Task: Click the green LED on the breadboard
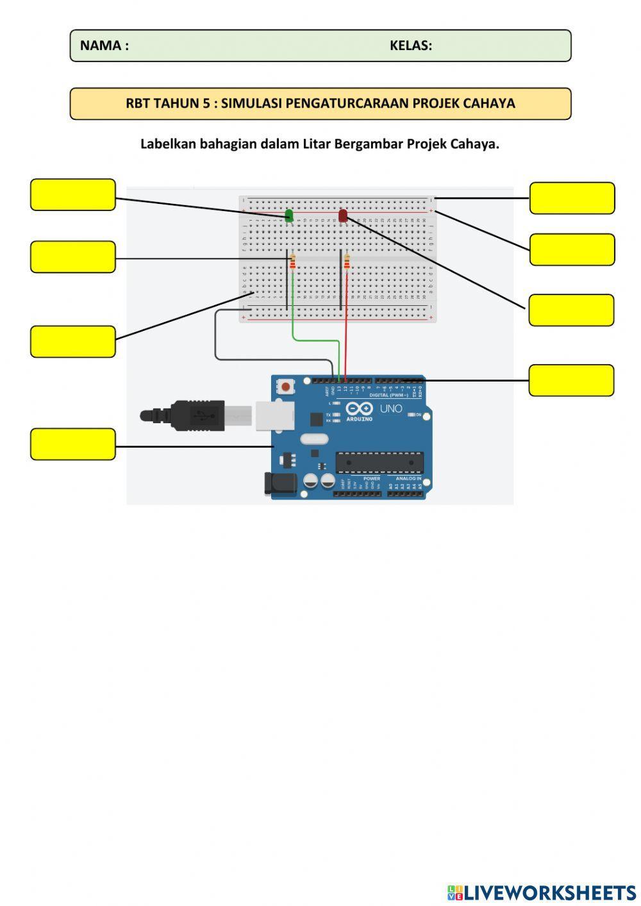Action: [289, 215]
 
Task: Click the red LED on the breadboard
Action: [343, 215]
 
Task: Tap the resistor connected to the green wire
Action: [293, 262]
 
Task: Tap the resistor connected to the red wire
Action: [347, 262]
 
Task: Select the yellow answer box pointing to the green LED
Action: [73, 195]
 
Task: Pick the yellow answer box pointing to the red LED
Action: [571, 310]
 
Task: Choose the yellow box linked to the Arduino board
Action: [73, 444]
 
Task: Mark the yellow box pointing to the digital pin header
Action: [571, 380]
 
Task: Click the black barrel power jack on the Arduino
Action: [280, 484]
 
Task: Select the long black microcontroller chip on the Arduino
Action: [379, 462]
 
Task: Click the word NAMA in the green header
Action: [101, 46]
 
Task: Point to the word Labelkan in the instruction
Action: [168, 144]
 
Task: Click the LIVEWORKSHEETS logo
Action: [541, 892]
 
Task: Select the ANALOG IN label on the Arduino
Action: [408, 478]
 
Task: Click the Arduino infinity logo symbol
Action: [360, 408]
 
